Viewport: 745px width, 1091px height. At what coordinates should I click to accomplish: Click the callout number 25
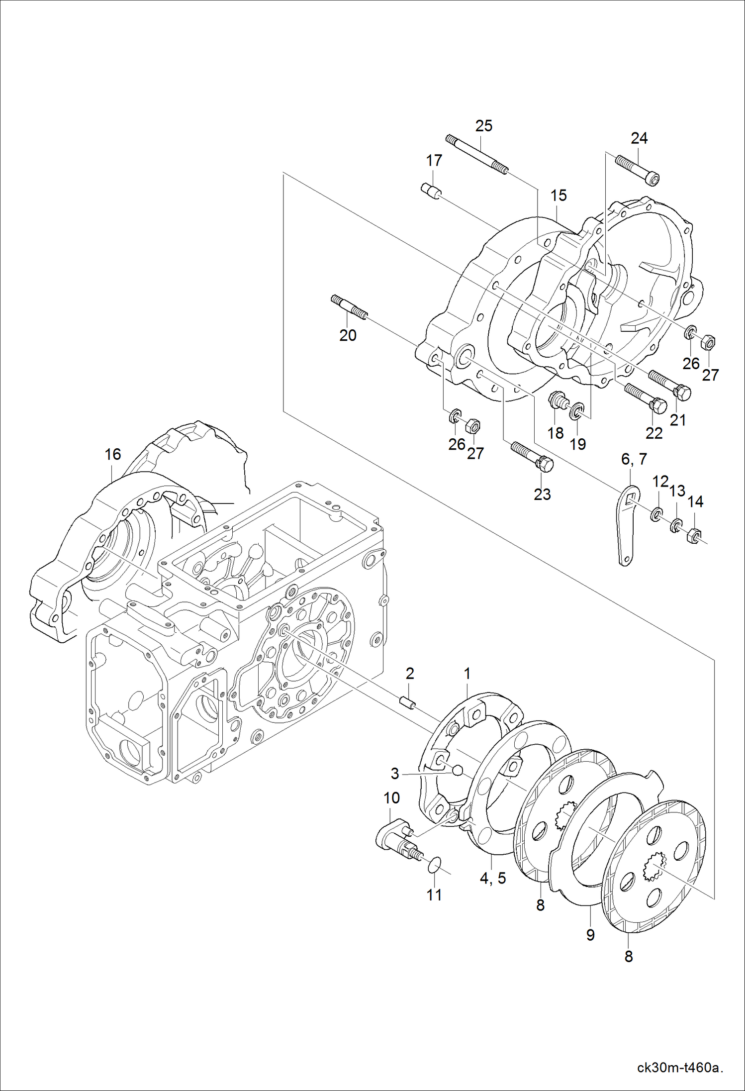tap(483, 126)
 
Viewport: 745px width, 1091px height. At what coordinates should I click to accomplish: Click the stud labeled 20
tap(349, 307)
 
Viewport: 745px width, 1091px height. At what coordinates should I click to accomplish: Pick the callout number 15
tap(558, 196)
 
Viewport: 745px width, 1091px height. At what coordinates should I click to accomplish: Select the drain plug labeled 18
tap(559, 401)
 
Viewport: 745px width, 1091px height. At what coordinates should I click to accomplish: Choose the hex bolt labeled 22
tap(646, 398)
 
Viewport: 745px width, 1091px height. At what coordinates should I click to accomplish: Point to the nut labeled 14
tap(693, 535)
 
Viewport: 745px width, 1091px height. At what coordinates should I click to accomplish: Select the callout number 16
tap(112, 454)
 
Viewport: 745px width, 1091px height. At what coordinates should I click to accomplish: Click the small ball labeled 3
tap(457, 771)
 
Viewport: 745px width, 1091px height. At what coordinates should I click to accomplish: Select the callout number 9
tap(590, 935)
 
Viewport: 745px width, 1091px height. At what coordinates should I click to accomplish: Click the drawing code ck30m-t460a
tap(679, 1068)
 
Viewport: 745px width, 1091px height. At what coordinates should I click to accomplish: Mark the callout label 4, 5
tap(492, 878)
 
